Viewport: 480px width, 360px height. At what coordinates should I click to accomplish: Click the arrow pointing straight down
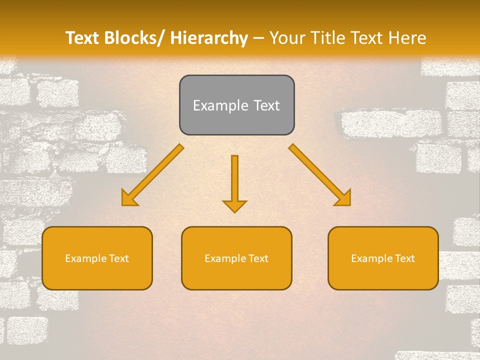(x=234, y=180)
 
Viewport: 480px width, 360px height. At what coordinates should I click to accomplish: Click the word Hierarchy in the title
(x=209, y=38)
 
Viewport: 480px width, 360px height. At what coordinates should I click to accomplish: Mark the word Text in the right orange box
(x=403, y=258)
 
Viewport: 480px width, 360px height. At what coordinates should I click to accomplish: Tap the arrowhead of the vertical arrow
(x=234, y=205)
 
